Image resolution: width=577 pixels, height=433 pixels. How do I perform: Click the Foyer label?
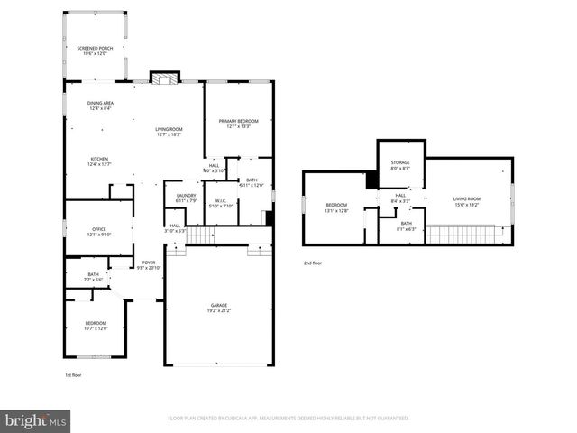[x=148, y=265]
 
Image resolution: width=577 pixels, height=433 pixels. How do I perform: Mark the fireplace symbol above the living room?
[x=163, y=78]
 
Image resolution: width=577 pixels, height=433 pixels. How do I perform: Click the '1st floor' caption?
[x=74, y=374]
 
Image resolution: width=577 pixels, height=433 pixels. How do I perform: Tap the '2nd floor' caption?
[x=312, y=263]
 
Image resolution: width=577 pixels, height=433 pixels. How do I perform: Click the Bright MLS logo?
[x=36, y=420]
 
